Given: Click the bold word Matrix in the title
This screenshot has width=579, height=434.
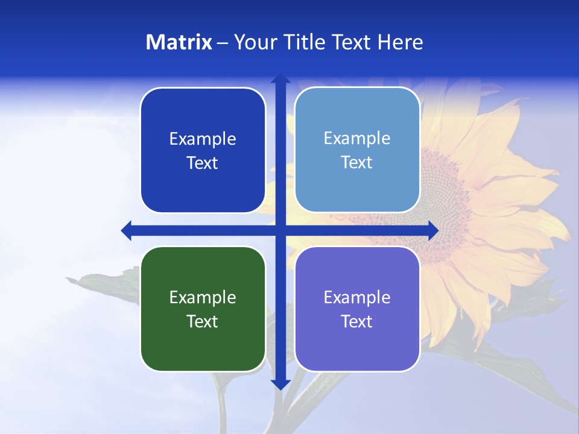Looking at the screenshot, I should tap(179, 42).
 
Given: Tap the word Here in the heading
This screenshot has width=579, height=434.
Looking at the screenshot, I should tap(400, 42).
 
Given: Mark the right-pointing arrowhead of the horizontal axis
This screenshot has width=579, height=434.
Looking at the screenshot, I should tap(433, 230).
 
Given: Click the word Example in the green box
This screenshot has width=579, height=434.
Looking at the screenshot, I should tap(203, 297).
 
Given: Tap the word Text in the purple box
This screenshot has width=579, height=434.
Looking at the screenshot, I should tap(357, 321).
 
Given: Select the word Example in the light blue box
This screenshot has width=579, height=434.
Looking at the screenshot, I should tap(357, 138).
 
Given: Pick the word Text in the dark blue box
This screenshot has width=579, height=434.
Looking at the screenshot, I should tap(203, 163).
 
